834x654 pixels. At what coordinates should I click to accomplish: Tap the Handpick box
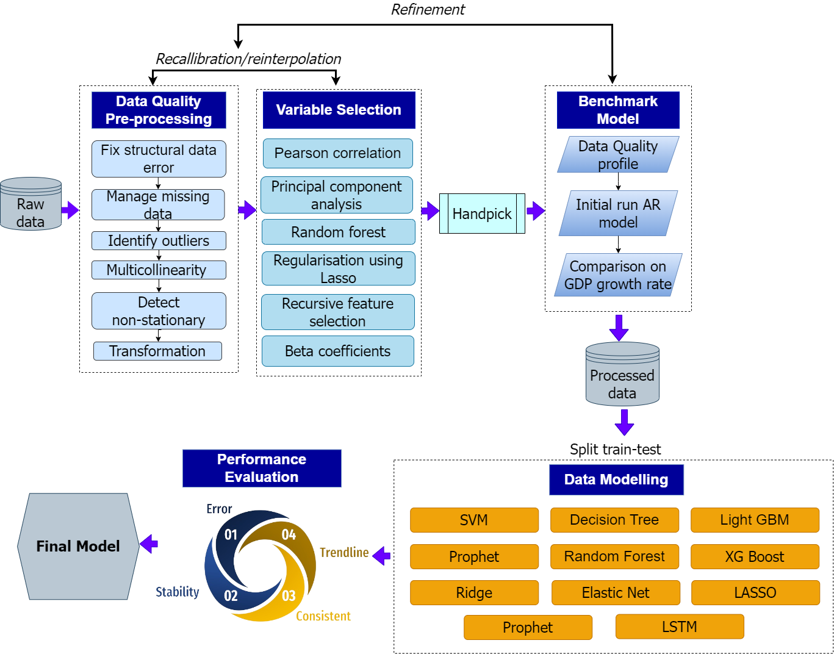(482, 214)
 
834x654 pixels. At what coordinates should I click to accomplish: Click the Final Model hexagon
(78, 546)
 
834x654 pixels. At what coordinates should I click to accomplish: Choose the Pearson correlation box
(337, 153)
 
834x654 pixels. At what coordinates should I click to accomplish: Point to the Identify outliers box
(159, 241)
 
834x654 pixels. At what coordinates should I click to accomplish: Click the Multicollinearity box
(159, 270)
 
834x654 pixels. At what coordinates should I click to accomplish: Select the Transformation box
(157, 351)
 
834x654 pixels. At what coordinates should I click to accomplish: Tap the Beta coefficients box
(337, 351)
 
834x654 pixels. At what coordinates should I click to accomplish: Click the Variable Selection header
(339, 110)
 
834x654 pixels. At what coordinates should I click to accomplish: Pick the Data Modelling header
(616, 480)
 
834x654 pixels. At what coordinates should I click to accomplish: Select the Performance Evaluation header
(262, 468)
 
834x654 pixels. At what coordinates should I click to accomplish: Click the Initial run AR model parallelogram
(618, 214)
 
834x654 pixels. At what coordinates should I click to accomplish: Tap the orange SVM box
(474, 520)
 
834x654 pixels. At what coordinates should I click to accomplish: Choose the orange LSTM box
(680, 627)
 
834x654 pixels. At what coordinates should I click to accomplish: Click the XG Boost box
(755, 556)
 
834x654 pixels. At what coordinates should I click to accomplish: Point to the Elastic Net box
(616, 592)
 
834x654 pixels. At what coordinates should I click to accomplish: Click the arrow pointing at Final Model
(149, 544)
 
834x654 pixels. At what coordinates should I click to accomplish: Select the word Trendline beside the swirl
(344, 553)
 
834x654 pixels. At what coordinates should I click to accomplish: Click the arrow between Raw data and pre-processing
(71, 210)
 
